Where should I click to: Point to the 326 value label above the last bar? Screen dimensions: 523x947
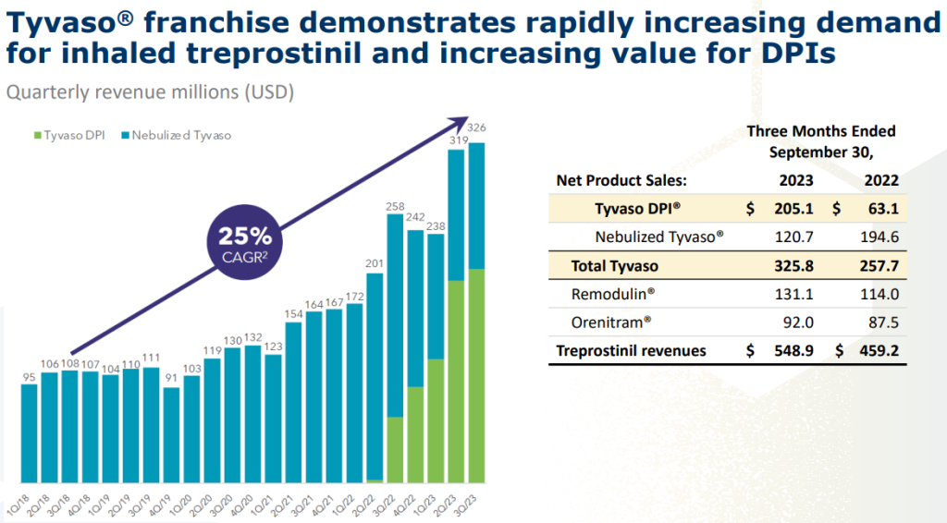477,127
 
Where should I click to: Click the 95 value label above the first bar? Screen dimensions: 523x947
29,376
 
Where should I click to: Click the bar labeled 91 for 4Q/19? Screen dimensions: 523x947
171,434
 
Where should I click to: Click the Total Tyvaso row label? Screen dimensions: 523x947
614,265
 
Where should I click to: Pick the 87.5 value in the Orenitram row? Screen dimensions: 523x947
884,322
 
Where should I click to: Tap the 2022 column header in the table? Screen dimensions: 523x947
881,180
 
